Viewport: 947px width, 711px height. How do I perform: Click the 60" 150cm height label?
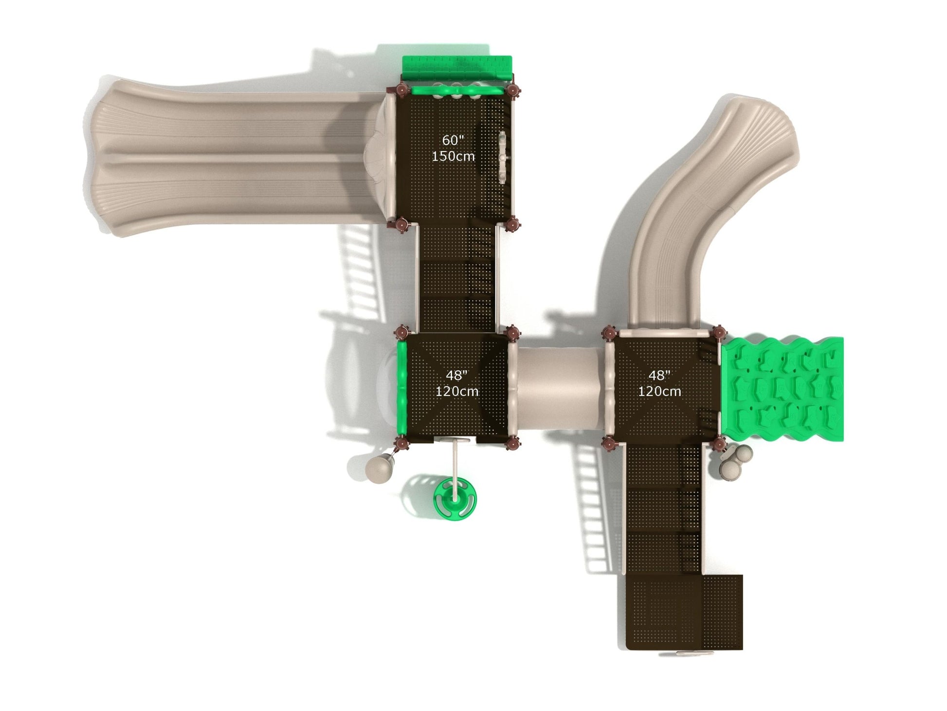coord(453,148)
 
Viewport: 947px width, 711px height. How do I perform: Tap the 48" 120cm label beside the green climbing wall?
coord(659,383)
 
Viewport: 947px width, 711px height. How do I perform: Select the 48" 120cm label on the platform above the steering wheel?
coord(456,383)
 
